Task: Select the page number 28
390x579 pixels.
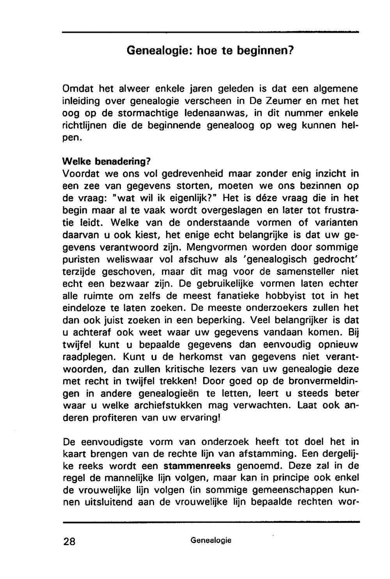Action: click(71, 541)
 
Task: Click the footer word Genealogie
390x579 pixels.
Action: click(211, 540)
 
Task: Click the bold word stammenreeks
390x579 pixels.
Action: click(197, 466)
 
